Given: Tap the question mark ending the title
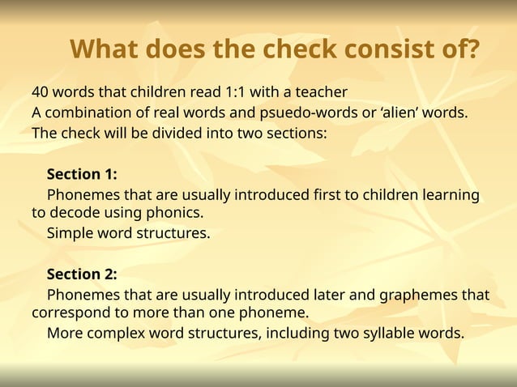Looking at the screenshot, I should pos(471,49).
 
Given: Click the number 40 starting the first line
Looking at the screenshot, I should pos(41,91).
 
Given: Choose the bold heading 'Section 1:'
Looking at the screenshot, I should pos(82,174).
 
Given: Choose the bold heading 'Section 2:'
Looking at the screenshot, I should pos(82,274).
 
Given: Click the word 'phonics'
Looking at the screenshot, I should pos(174,214).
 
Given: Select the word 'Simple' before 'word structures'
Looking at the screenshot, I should pos(70,234).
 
